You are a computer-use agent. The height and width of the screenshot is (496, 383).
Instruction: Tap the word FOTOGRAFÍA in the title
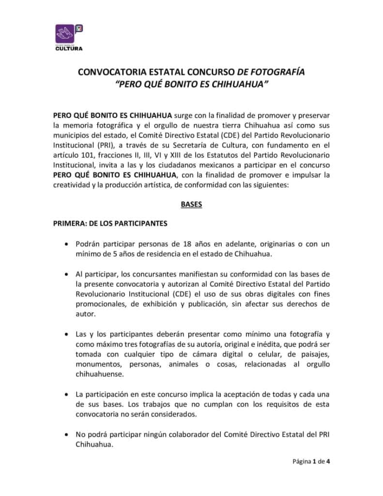(x=281, y=73)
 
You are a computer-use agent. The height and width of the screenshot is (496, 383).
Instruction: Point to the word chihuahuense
(x=100, y=374)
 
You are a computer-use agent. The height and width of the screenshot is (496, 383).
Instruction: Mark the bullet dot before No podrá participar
(x=66, y=435)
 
